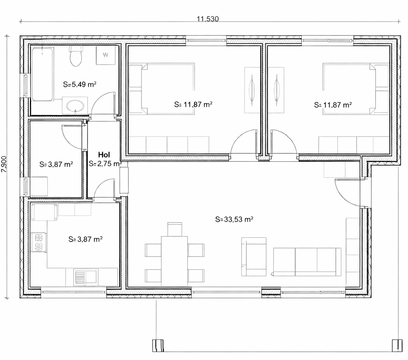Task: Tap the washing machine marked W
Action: [x=106, y=55]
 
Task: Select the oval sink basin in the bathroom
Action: [x=75, y=106]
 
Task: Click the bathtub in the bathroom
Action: [x=42, y=74]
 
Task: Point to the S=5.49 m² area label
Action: [x=80, y=84]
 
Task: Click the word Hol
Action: [x=104, y=155]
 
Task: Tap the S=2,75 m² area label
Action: [x=105, y=164]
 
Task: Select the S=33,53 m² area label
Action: [x=234, y=219]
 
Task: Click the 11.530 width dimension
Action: [x=208, y=19]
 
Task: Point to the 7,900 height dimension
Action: [x=4, y=164]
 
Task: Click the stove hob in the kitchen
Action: [x=39, y=243]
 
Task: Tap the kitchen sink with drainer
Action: [x=85, y=277]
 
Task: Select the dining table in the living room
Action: [x=175, y=261]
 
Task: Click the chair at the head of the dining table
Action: [x=175, y=229]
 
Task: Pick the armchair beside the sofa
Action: [x=254, y=256]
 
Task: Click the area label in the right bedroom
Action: [x=333, y=105]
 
